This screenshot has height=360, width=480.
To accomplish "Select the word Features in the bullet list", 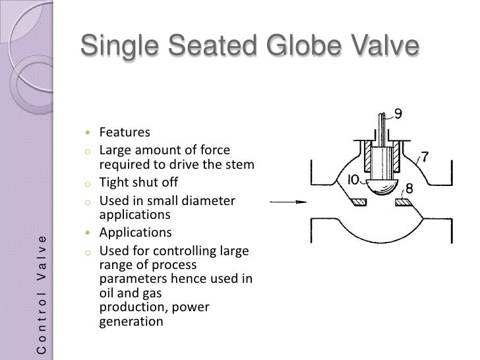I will pyautogui.click(x=125, y=132).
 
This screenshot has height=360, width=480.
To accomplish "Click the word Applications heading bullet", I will pyautogui.click(x=135, y=233).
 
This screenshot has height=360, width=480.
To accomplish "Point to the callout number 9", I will pyautogui.click(x=398, y=113).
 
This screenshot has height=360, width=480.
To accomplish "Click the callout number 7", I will pyautogui.click(x=425, y=157).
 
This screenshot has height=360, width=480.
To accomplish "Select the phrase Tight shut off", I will pyautogui.click(x=138, y=183).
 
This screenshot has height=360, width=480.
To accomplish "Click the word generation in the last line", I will pyautogui.click(x=131, y=322).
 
